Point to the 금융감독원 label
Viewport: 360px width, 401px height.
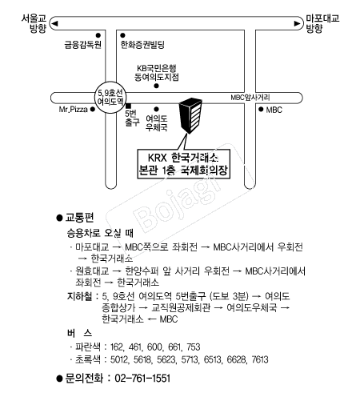(x=83, y=45)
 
